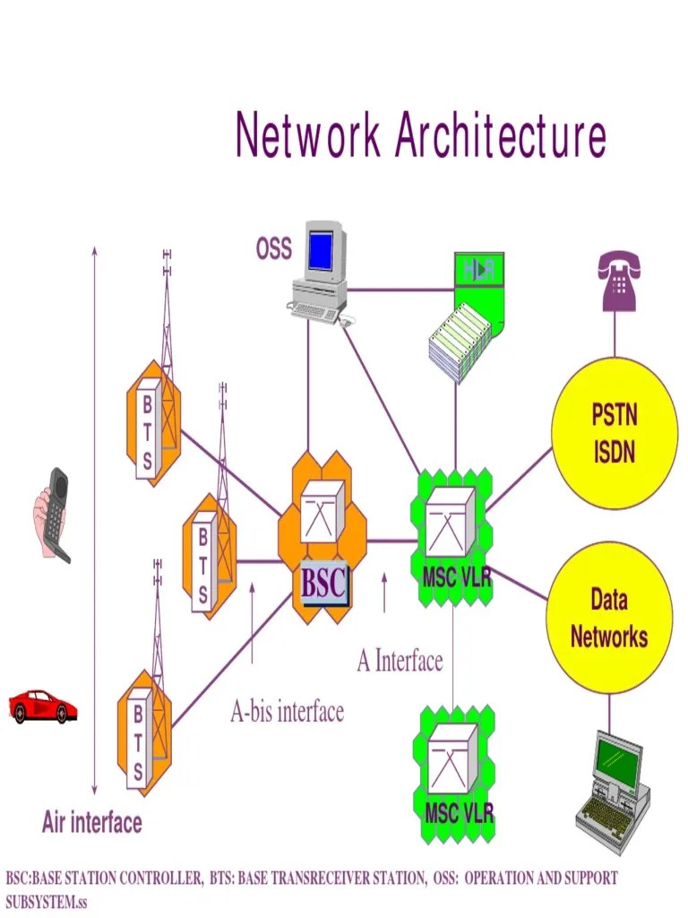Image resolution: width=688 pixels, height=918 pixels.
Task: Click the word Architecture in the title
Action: pos(501,136)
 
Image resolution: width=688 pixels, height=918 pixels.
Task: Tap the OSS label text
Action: pos(274,249)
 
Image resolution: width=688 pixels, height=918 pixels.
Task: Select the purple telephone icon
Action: pos(619,281)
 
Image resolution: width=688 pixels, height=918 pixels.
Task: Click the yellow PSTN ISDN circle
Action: pos(614,434)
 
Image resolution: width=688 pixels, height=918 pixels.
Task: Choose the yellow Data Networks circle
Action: pos(609,619)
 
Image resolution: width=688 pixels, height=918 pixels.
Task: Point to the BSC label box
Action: pos(322,584)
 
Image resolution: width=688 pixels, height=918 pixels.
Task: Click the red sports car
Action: pos(42,706)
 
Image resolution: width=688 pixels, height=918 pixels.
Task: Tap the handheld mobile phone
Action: pos(52,515)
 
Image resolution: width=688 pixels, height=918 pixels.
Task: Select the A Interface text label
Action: pos(400,662)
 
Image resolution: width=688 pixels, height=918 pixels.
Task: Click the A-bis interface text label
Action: pos(287,712)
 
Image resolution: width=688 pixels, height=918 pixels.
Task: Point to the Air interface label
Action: pos(91,822)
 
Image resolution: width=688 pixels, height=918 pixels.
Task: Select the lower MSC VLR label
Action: pos(458,814)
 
